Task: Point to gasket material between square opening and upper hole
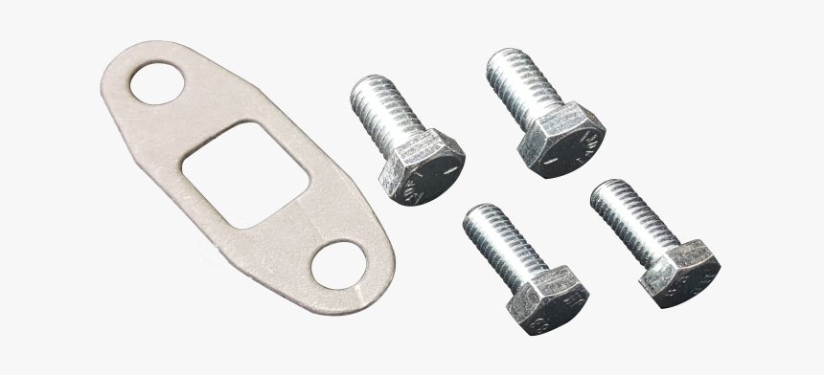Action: pos(196,119)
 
